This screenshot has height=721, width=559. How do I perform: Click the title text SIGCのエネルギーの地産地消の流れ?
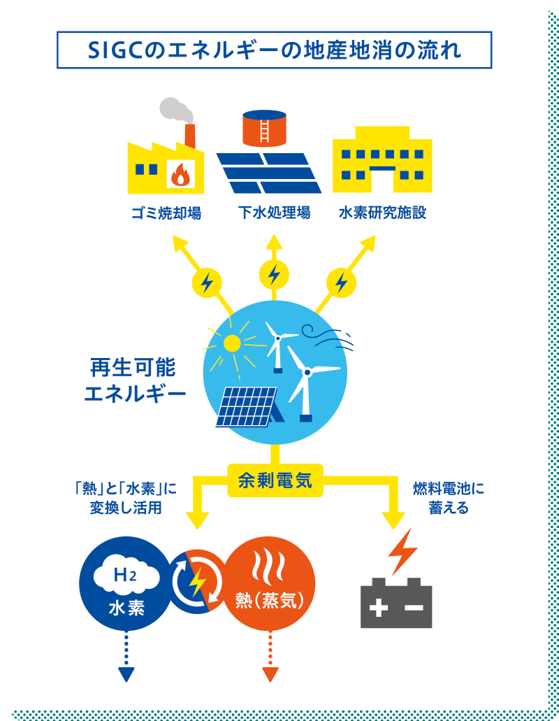click(274, 51)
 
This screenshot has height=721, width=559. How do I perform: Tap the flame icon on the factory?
click(181, 174)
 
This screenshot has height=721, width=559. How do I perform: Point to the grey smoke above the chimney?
click(175, 110)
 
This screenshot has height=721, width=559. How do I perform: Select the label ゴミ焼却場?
click(166, 213)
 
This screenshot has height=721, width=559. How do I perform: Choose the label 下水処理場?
click(274, 213)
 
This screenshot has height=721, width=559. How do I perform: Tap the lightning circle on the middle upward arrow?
click(274, 273)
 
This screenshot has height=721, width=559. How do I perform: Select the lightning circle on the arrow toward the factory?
click(207, 283)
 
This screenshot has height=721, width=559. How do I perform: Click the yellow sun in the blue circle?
click(231, 343)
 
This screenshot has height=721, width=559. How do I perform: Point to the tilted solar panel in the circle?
click(246, 406)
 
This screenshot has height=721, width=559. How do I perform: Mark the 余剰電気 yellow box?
click(275, 480)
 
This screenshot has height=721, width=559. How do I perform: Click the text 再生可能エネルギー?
click(134, 380)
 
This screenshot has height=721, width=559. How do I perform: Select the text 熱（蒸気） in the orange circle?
click(270, 601)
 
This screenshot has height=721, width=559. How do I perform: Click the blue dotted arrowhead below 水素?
click(126, 674)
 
